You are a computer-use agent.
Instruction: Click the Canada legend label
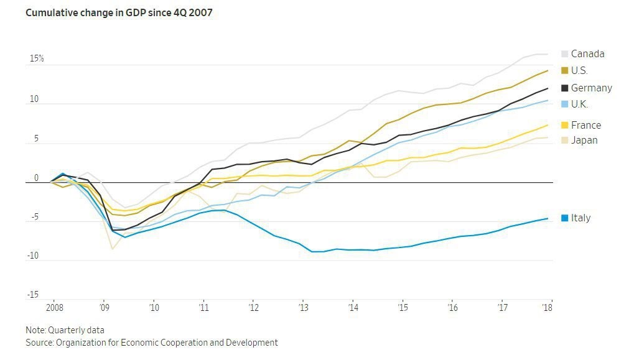pos(587,54)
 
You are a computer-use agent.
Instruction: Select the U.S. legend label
pos(579,71)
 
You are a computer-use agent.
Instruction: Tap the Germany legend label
pos(591,88)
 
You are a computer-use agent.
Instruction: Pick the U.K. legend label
pos(579,104)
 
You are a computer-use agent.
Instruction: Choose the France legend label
pos(586,125)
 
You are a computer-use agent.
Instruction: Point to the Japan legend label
pos(584,141)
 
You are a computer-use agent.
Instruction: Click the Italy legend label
pos(580,218)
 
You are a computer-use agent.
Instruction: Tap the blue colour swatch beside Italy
pos(565,218)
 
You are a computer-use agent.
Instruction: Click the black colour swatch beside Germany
pos(565,88)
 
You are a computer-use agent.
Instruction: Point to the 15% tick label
pos(37,59)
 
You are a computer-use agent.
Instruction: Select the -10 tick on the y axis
pos(33,256)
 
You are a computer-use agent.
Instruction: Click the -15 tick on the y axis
pos(33,295)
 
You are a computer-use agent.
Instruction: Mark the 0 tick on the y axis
pos(36,178)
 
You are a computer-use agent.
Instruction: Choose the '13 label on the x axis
pos(303,307)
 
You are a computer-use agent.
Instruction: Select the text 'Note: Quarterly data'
pos(65,330)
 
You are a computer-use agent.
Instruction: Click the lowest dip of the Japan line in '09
pos(113,249)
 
